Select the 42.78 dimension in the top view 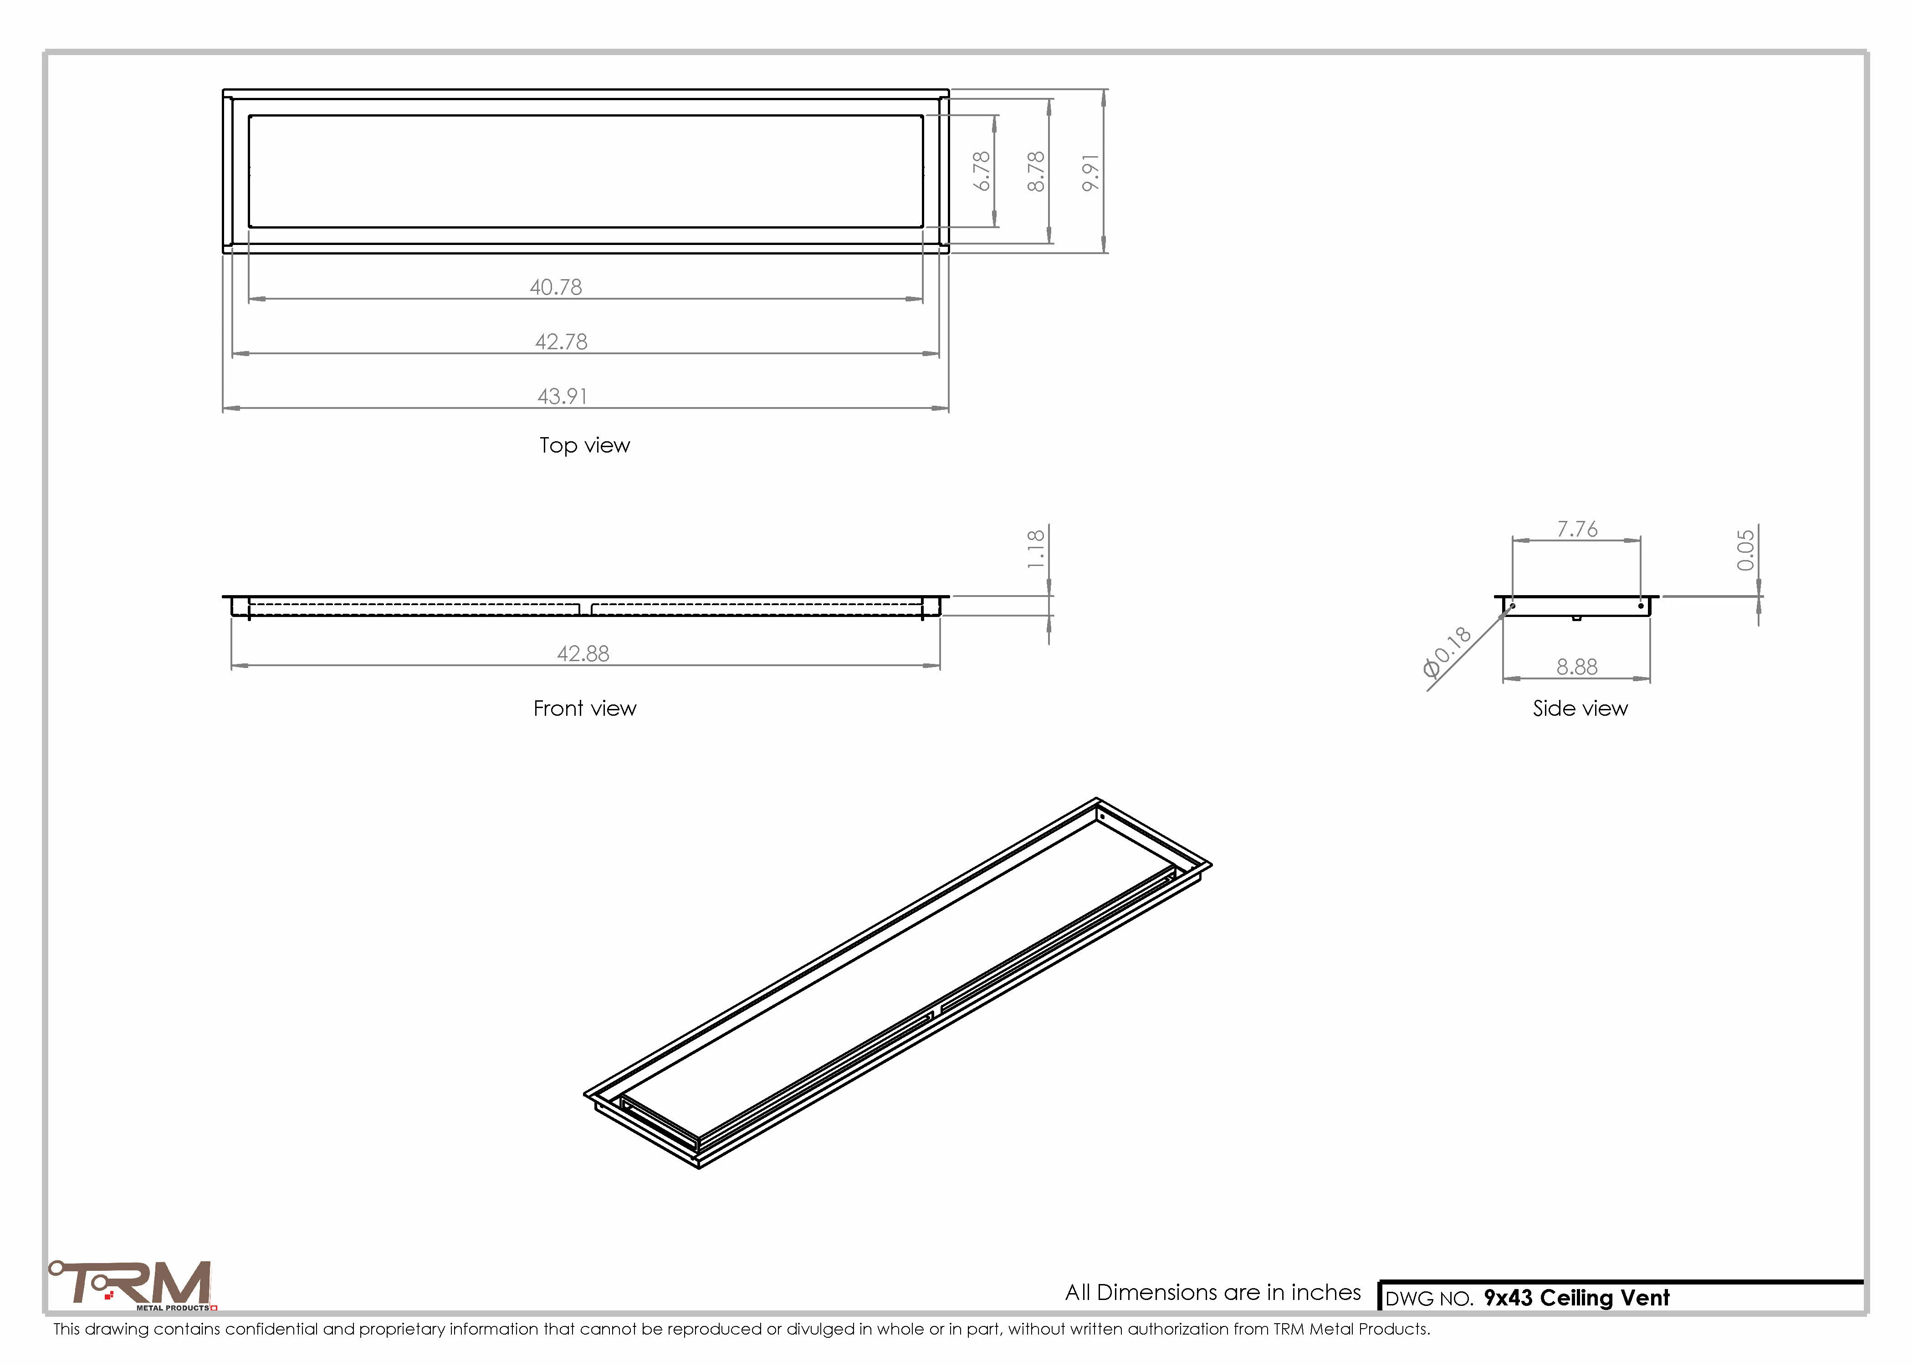click(561, 341)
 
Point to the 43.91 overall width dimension click(562, 396)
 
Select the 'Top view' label click(585, 446)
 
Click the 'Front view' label click(585, 708)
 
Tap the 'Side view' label click(1580, 708)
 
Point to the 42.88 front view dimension click(583, 653)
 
